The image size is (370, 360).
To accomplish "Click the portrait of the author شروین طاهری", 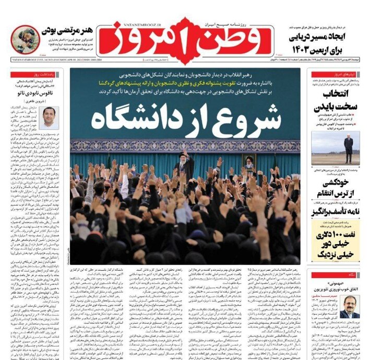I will click(x=51, y=117).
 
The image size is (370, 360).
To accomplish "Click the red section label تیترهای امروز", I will click(x=333, y=75).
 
